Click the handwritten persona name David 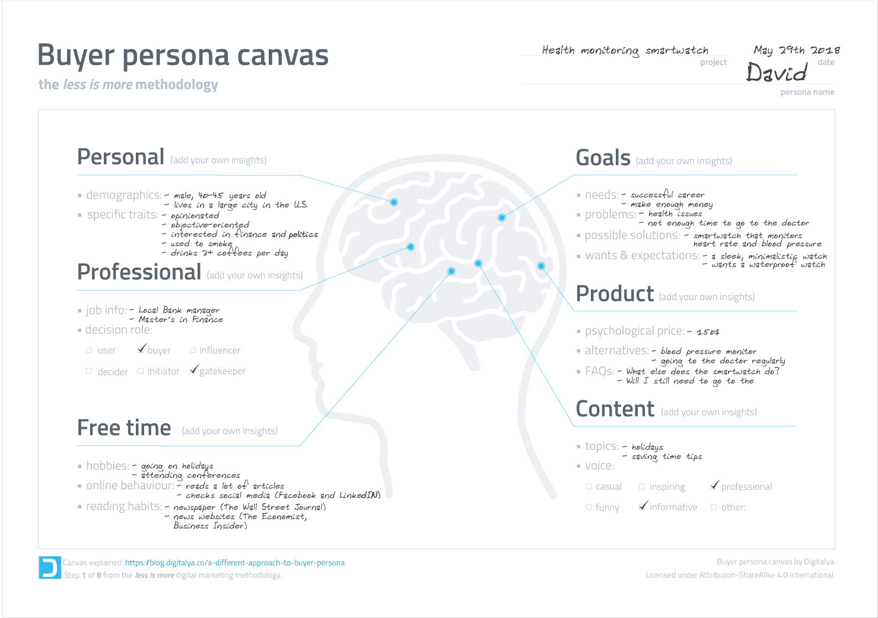coord(777,72)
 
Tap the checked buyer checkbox coord(141,350)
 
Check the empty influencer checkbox coord(192,350)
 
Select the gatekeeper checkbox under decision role coord(192,371)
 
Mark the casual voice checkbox coord(588,486)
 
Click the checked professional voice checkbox coord(714,486)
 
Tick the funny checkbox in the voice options coord(588,507)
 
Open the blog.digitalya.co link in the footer coord(235,563)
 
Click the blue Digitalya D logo coord(50,568)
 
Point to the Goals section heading coord(603,158)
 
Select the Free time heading coord(124,428)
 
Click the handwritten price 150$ coord(708,332)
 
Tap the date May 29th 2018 coord(797,50)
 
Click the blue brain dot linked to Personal coord(394,202)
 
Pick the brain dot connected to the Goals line coord(502,218)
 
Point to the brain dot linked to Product coord(541,266)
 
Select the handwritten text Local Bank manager coord(179,310)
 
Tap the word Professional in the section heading coord(139,272)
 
